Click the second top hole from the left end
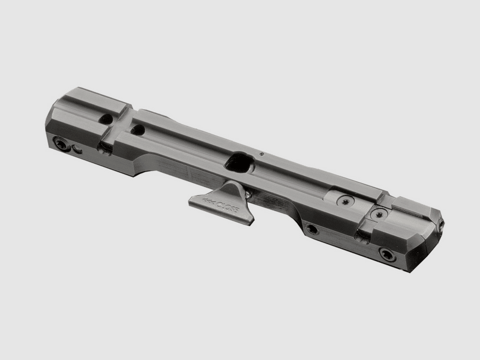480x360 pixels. [138, 129]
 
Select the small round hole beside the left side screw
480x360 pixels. [76, 149]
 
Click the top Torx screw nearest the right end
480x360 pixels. [377, 212]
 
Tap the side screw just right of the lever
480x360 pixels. [311, 229]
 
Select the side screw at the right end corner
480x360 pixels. [388, 256]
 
